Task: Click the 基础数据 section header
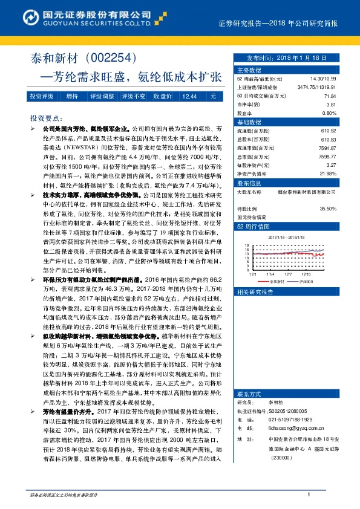pos(247,122)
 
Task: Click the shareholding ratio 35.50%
pos(327,209)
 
